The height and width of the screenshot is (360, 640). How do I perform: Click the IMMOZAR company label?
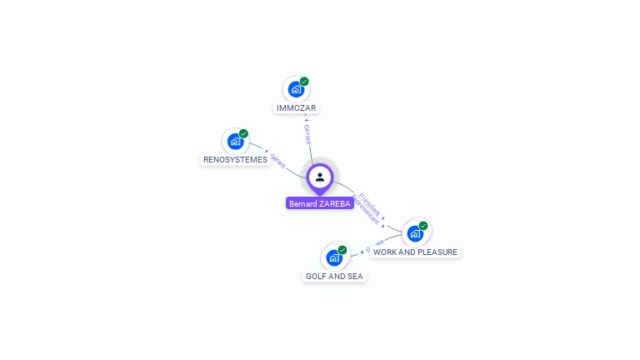297,108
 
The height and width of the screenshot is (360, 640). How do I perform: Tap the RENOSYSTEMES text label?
235,159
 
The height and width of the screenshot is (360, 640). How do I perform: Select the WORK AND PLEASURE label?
415,252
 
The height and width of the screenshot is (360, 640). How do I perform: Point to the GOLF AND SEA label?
334,276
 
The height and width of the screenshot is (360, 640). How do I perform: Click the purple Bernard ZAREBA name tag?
319,203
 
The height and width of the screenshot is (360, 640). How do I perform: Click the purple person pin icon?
319,177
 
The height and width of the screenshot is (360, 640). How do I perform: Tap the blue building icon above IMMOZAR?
295,88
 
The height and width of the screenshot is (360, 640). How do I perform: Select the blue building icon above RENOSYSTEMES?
234,141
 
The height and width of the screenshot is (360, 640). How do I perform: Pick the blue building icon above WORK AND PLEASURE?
414,232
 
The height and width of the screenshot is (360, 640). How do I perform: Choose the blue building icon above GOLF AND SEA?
333,257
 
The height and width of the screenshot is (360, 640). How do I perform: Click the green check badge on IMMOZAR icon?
304,82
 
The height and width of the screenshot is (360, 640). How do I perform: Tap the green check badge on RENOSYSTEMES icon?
243,133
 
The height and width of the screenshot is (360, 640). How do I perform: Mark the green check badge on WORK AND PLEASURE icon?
423,226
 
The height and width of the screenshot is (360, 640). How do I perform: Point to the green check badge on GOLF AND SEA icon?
342,250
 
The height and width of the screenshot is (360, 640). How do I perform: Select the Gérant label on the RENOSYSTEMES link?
277,159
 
